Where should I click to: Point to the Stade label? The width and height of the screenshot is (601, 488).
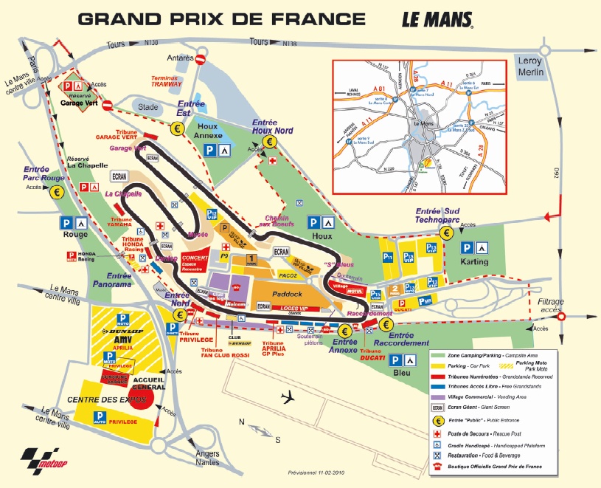point(149,107)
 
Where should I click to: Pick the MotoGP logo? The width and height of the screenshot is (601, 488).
point(38,458)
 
